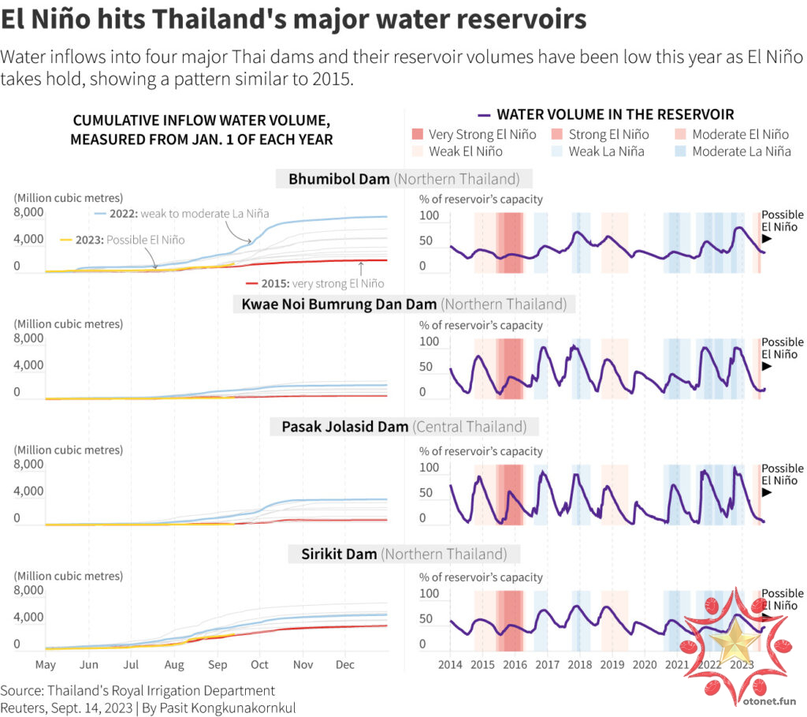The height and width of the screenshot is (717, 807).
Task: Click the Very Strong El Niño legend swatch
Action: click(x=418, y=135)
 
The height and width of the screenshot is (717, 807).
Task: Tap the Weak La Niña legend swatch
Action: click(x=558, y=151)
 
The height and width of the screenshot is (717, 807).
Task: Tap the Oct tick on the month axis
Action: click(x=259, y=665)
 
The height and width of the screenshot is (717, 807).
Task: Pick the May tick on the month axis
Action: click(x=45, y=665)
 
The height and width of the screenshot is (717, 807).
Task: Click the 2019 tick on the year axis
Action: click(x=612, y=665)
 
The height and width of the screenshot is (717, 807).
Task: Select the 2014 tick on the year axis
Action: click(x=450, y=665)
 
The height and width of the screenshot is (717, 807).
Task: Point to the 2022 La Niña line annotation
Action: click(x=181, y=214)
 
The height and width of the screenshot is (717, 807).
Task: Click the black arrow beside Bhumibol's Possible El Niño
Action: click(x=766, y=239)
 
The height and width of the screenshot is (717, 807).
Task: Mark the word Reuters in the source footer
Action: click(x=24, y=708)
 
